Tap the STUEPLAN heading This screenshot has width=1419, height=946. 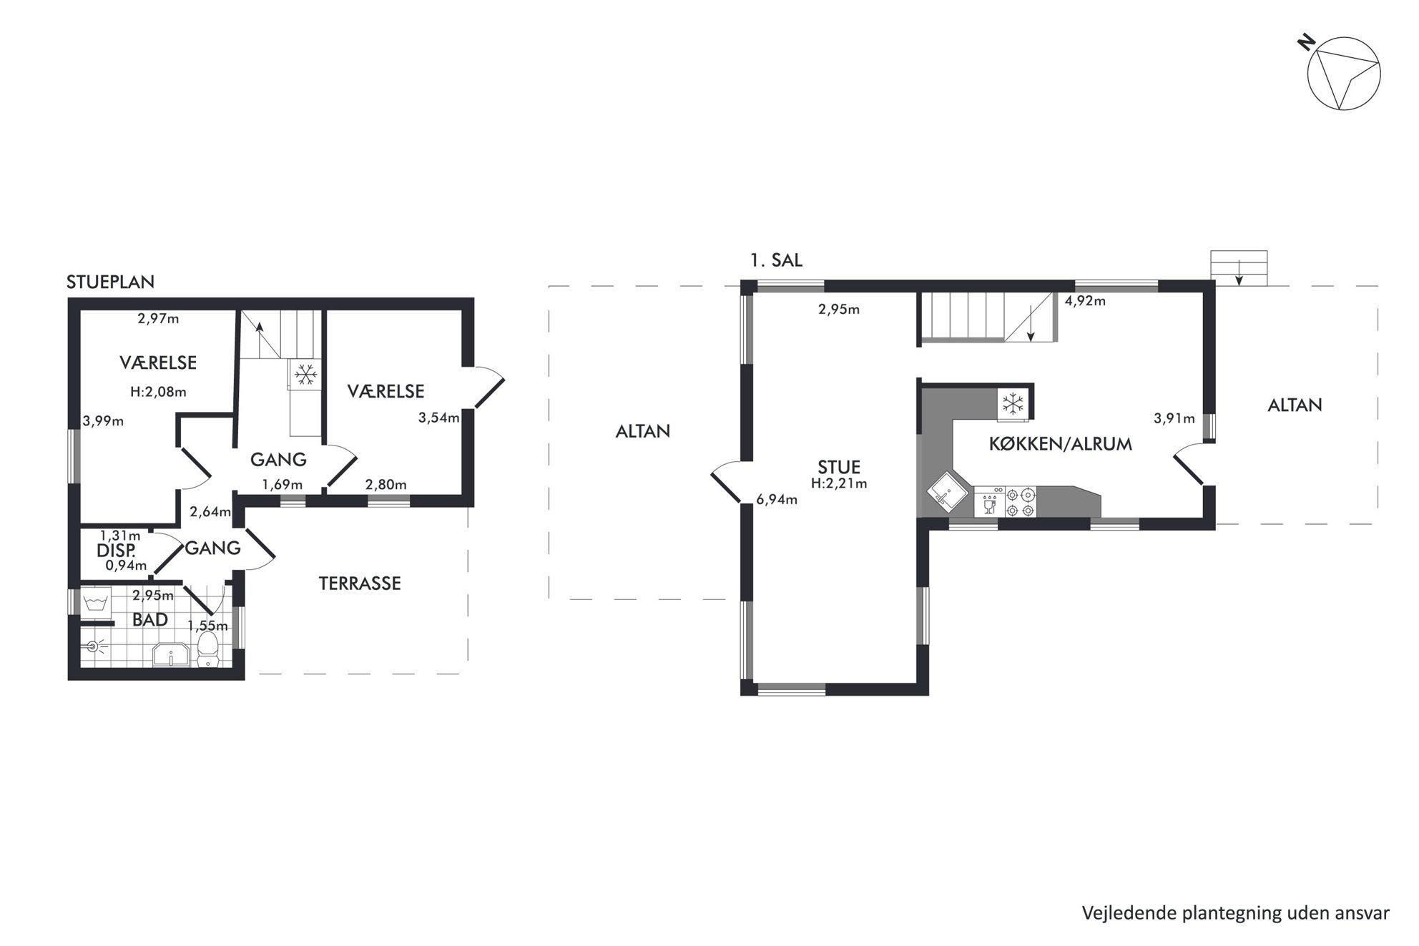pyautogui.click(x=110, y=282)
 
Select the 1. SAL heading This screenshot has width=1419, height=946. pyautogui.click(x=776, y=260)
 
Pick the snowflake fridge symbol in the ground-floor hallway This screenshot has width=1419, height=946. pyautogui.click(x=306, y=373)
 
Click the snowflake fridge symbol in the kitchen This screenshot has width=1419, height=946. pyautogui.click(x=1013, y=404)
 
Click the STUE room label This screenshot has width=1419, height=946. pyautogui.click(x=839, y=467)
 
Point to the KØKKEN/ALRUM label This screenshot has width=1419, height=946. pyautogui.click(x=1060, y=444)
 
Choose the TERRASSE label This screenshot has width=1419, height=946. pyautogui.click(x=360, y=583)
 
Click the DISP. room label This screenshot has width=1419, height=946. pyautogui.click(x=116, y=551)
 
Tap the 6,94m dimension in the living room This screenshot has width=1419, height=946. pyautogui.click(x=777, y=500)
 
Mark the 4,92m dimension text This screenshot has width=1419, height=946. pyautogui.click(x=1085, y=301)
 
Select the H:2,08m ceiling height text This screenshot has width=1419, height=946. pyautogui.click(x=158, y=392)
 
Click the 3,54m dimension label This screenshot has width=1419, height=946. pyautogui.click(x=438, y=418)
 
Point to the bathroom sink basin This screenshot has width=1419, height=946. pyautogui.click(x=171, y=654)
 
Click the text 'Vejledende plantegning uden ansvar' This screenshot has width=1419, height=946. pyautogui.click(x=1235, y=913)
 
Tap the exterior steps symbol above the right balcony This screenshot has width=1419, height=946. pyautogui.click(x=1239, y=268)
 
